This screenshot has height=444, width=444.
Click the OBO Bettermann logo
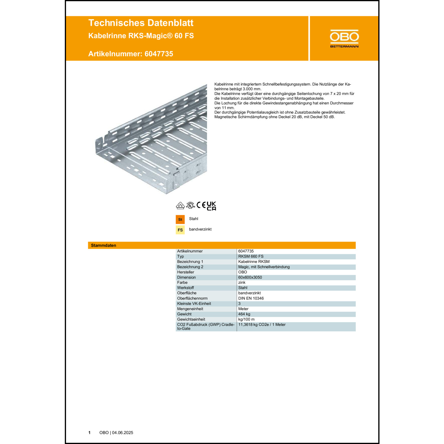click(x=344, y=38)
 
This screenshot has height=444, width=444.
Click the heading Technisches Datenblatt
click(x=141, y=23)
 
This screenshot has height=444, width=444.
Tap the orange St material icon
click(x=180, y=219)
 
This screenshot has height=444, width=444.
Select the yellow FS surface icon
click(x=180, y=230)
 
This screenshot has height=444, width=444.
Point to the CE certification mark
click(x=201, y=205)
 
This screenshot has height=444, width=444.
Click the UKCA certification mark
click(x=211, y=206)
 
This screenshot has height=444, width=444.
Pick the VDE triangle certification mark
click(x=180, y=205)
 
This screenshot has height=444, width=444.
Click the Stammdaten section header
click(x=104, y=245)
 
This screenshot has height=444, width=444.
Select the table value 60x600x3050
click(x=250, y=277)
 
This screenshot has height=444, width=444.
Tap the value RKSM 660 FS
click(x=251, y=256)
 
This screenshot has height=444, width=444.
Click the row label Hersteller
click(x=186, y=272)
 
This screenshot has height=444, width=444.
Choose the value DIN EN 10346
click(x=251, y=298)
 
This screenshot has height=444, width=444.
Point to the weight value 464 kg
click(x=244, y=314)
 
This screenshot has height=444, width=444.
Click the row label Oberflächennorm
click(x=192, y=298)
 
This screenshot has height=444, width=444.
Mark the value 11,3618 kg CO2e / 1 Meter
click(x=262, y=325)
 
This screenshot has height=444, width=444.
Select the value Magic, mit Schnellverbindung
click(x=264, y=267)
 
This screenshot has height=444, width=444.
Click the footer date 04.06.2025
click(x=123, y=433)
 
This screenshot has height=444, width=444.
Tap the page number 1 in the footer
click(x=89, y=433)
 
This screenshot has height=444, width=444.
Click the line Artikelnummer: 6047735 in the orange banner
click(x=131, y=54)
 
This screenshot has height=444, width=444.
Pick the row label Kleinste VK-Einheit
click(x=194, y=304)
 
